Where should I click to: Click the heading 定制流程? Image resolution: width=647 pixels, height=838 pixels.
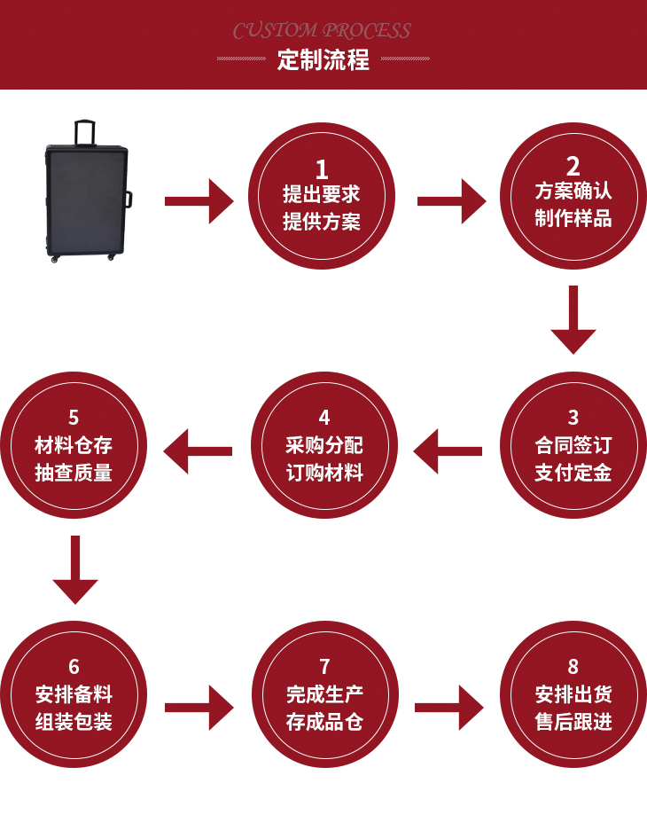[x=323, y=60]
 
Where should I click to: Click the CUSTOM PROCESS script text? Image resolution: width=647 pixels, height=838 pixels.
[x=322, y=31]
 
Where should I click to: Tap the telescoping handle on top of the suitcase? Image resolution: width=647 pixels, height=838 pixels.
[x=85, y=131]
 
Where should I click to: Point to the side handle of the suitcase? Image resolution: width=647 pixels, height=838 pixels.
[x=129, y=199]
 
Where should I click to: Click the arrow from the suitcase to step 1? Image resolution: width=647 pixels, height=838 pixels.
[x=199, y=201]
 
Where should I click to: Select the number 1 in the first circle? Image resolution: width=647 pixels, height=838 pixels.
[x=322, y=169]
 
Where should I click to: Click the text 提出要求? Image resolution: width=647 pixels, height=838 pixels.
[x=322, y=194]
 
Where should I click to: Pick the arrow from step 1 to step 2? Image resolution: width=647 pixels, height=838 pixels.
[x=451, y=201]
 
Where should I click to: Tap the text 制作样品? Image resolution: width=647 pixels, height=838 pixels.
[x=573, y=218]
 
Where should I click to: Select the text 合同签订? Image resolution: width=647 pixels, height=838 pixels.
[x=573, y=445]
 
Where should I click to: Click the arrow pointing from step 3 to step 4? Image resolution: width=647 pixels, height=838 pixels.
[x=448, y=451]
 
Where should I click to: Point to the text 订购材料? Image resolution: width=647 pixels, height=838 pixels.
[x=324, y=473]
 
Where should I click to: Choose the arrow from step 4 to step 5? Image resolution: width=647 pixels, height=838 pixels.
[x=198, y=451]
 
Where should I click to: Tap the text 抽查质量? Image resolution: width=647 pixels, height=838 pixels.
[x=74, y=473]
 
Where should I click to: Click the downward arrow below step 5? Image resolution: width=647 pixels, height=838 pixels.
[x=74, y=571]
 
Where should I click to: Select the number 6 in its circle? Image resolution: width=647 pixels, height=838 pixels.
[x=74, y=666]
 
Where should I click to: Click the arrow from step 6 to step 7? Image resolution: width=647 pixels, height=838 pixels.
[x=199, y=707]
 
